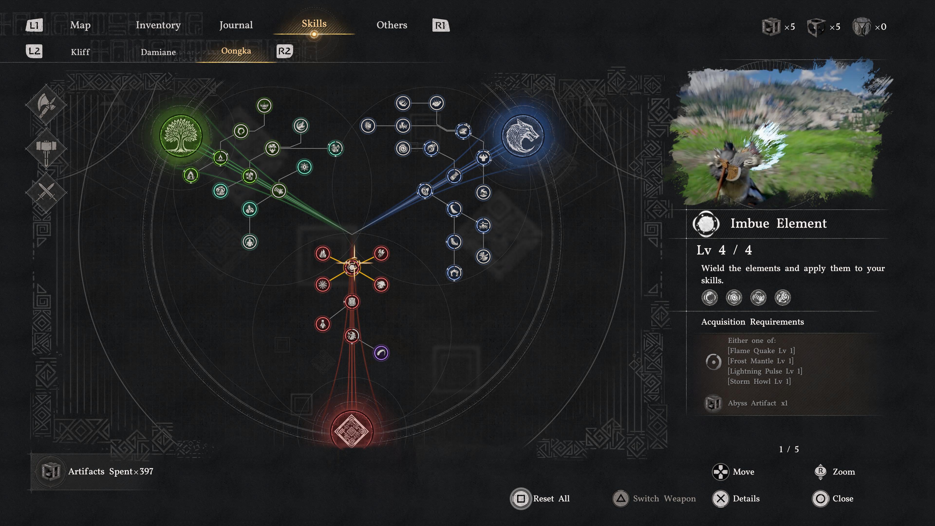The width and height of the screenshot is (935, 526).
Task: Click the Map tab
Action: [80, 25]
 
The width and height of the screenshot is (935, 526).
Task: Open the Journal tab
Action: [236, 25]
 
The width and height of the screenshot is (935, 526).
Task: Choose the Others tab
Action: [392, 25]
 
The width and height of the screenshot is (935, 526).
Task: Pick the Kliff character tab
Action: [80, 52]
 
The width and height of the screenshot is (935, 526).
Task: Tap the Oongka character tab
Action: [236, 51]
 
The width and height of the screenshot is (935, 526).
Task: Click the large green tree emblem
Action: [181, 136]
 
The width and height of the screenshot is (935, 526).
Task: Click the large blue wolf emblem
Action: [523, 136]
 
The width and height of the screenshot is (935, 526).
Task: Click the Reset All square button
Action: [521, 498]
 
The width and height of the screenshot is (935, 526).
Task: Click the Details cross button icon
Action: [720, 498]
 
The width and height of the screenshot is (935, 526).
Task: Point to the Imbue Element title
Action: [778, 223]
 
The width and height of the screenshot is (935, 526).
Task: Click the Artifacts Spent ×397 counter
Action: [110, 471]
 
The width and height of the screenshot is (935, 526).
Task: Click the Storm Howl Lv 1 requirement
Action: [759, 381]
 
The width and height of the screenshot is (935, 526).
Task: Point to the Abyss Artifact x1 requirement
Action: [757, 403]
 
